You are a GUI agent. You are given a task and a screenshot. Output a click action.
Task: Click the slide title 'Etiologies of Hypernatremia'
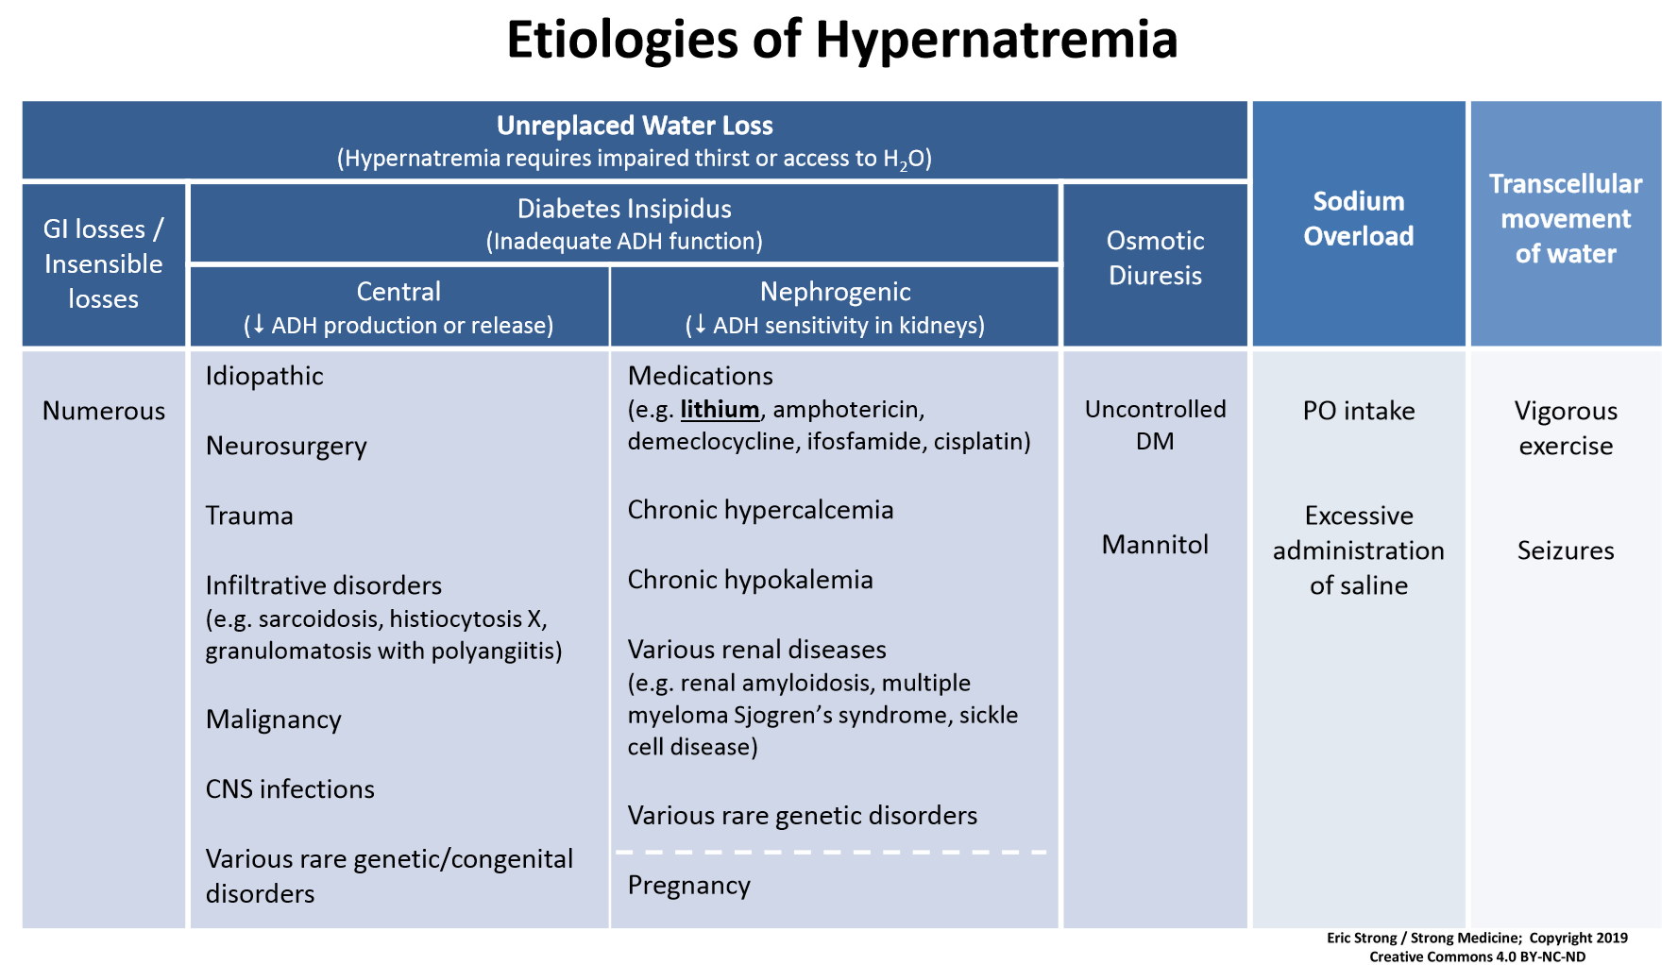(841, 40)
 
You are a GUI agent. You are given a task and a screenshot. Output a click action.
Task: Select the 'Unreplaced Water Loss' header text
(635, 126)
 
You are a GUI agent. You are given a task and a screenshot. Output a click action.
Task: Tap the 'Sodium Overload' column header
(1358, 218)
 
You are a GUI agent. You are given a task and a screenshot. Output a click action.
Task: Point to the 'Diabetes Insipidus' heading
(624, 209)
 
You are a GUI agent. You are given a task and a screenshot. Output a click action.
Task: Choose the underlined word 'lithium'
(720, 410)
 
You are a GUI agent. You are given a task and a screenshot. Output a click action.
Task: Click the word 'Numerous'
(104, 411)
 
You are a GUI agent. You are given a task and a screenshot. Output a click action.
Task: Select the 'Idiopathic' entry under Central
(264, 377)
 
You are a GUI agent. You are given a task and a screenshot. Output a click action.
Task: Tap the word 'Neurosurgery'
(286, 447)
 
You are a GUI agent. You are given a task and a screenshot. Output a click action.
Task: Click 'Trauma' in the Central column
(249, 516)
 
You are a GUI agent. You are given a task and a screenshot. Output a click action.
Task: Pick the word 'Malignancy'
(273, 720)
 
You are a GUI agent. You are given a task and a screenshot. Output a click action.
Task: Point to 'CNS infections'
(290, 789)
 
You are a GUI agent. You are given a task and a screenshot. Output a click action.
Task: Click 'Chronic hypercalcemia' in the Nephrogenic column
(760, 511)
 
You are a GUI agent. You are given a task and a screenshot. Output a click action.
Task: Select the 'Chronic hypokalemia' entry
(750, 581)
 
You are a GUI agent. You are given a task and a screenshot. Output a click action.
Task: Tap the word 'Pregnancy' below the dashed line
(688, 886)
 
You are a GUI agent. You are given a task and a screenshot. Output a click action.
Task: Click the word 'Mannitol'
(1155, 545)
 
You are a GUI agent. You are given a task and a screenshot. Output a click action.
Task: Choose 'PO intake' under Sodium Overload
(1359, 411)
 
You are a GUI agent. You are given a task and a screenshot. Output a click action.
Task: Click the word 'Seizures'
(1566, 550)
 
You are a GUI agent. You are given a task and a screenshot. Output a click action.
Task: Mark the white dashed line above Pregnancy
(831, 853)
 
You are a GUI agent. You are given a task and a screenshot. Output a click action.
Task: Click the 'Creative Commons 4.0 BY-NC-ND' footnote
(1478, 957)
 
